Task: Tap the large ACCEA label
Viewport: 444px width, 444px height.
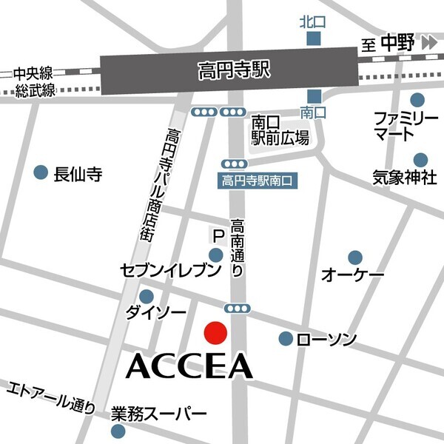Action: (x=191, y=365)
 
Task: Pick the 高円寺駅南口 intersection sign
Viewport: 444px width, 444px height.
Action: (x=258, y=180)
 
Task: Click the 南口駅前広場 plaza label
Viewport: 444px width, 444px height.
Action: (x=279, y=129)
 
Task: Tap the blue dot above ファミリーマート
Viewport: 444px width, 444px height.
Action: (x=418, y=99)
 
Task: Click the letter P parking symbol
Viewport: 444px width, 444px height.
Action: (x=218, y=237)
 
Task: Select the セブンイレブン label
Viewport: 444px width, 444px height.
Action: (x=171, y=272)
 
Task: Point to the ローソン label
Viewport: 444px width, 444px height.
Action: (x=326, y=340)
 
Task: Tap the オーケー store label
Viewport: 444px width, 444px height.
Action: (x=352, y=275)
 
